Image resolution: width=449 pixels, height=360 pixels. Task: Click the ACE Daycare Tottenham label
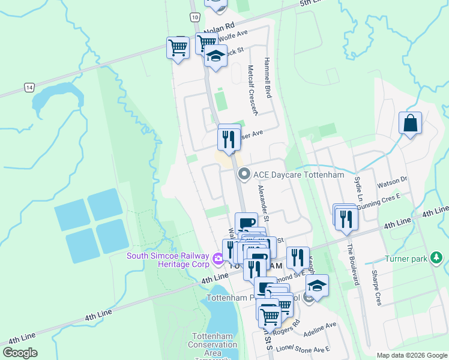click(x=298, y=175)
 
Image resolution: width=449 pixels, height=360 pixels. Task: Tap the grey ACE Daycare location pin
click(x=244, y=175)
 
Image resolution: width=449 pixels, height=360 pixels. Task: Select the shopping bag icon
click(x=410, y=124)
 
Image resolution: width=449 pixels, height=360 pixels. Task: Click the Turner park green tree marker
click(x=437, y=258)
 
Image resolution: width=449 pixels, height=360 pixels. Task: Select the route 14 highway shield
click(x=29, y=88)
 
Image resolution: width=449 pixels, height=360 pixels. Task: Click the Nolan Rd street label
click(x=219, y=29)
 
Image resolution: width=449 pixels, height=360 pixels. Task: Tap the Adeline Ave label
click(x=320, y=328)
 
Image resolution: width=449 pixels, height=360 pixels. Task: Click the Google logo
click(x=20, y=352)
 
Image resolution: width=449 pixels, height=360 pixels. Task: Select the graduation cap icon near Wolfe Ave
click(x=215, y=58)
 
